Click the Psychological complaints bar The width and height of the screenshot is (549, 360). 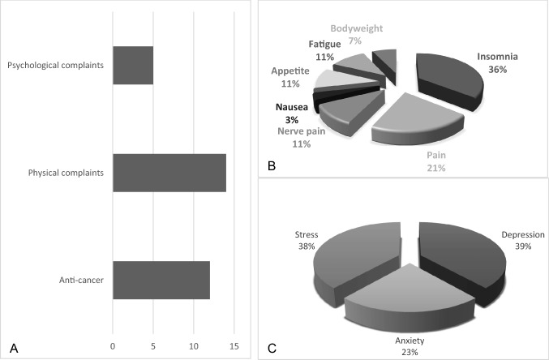pyautogui.click(x=133, y=66)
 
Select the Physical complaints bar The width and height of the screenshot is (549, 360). pyautogui.click(x=169, y=173)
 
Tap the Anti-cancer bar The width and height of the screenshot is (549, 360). pyautogui.click(x=161, y=281)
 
